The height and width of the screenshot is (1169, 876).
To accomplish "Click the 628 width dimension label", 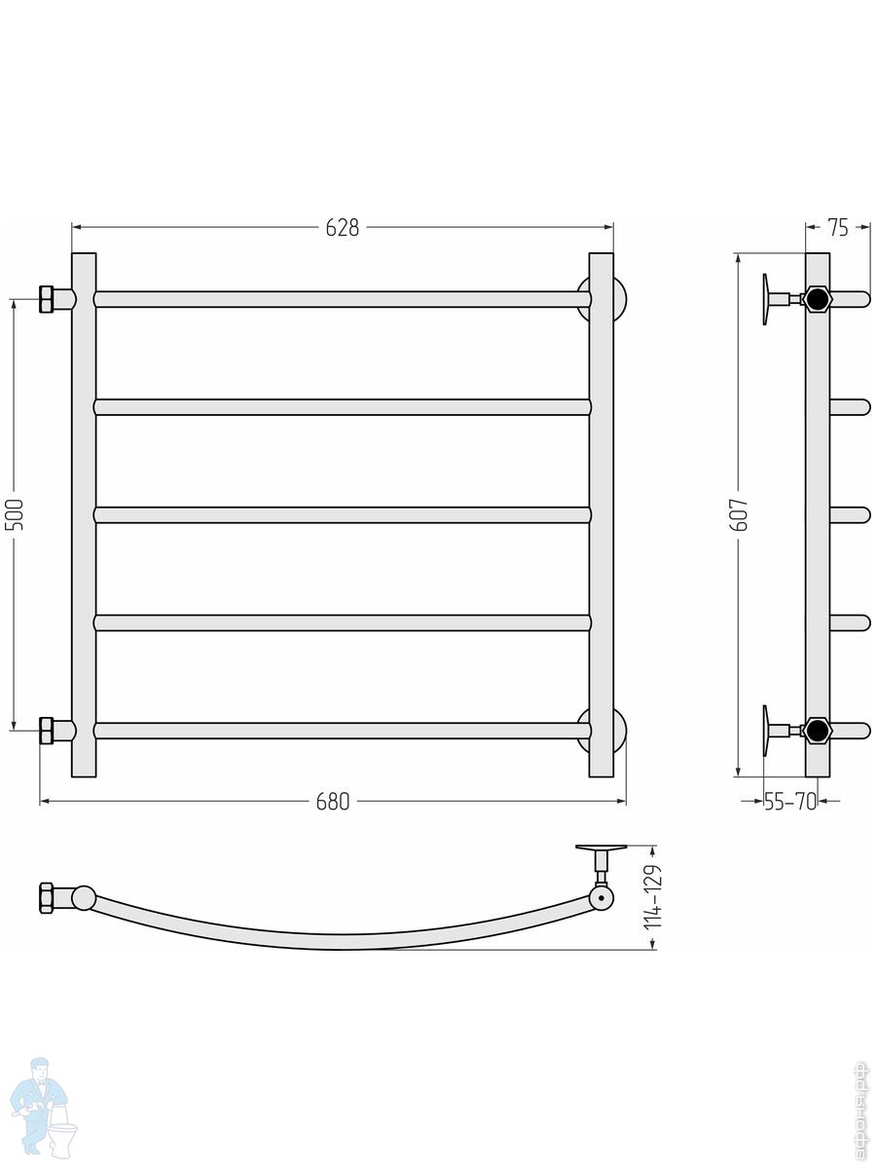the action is pyautogui.click(x=342, y=227).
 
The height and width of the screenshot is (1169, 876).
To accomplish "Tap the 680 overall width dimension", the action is pyautogui.click(x=333, y=801).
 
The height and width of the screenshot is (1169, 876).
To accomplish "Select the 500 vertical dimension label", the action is pyautogui.click(x=15, y=514).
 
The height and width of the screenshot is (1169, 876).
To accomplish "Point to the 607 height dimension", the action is pyautogui.click(x=740, y=514).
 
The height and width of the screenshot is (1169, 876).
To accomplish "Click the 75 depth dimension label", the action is pyautogui.click(x=838, y=227).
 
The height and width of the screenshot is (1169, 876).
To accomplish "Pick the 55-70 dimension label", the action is pyautogui.click(x=789, y=801).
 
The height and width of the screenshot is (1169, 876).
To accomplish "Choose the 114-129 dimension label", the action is pyautogui.click(x=653, y=896).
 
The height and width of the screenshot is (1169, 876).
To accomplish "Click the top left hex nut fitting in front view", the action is pyautogui.click(x=47, y=299).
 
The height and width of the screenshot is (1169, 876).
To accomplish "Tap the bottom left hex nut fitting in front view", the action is pyautogui.click(x=47, y=731).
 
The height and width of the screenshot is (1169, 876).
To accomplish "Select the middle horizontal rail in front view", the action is pyautogui.click(x=343, y=515).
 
